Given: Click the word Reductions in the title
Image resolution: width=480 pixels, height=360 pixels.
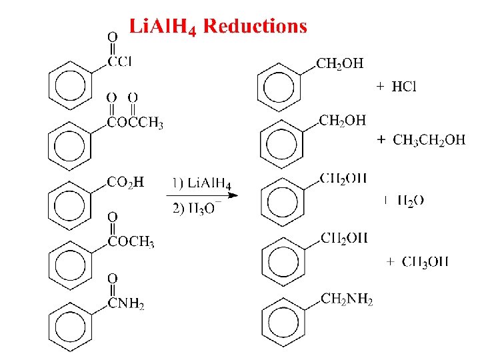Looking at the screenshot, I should coord(255,27).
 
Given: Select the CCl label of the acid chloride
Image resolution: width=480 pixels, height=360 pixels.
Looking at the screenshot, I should coord(120,62).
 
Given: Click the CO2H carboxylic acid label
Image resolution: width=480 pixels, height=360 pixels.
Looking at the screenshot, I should coord(125,182).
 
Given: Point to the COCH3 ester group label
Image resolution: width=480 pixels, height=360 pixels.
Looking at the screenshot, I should coord(131,243).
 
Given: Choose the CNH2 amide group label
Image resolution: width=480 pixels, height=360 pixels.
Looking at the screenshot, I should coord(126,305).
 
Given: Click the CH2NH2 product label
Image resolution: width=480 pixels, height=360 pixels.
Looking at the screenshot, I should coord(347,299).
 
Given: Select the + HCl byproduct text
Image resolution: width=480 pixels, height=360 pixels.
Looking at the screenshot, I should coord(397,87).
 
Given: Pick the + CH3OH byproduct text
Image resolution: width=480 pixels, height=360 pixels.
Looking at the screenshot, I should coord(417,261).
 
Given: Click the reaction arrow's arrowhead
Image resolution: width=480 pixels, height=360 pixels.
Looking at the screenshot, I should coord(227,195).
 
